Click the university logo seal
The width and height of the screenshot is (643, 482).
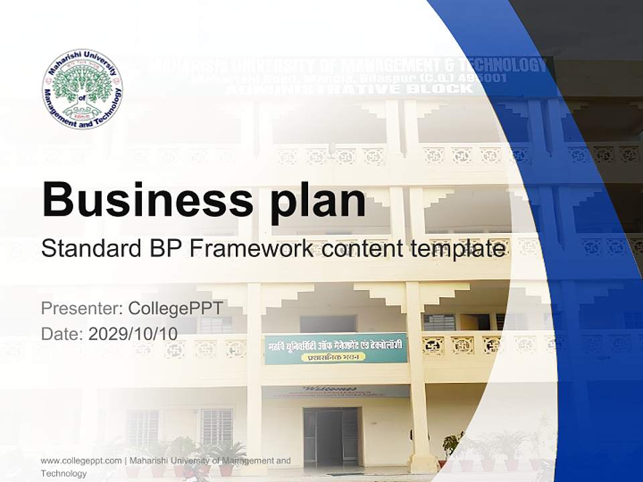click(x=82, y=88)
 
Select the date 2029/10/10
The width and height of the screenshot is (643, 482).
click(x=133, y=333)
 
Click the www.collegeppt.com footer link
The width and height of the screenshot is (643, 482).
click(x=81, y=461)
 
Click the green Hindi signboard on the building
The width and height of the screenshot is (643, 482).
click(x=336, y=348)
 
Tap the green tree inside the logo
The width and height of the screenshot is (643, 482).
click(x=82, y=86)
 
